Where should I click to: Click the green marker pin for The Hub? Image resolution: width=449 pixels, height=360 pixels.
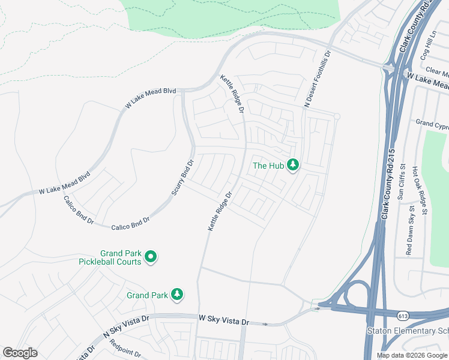click(293, 164)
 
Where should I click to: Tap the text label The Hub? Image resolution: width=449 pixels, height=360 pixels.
click(267, 166)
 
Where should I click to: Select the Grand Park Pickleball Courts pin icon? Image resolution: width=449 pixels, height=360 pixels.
click(151, 257)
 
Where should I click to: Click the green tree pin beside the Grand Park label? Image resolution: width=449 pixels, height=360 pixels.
click(176, 294)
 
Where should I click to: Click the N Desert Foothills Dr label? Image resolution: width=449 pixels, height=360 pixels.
click(318, 79)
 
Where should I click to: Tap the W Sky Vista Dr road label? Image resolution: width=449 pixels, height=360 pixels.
click(223, 319)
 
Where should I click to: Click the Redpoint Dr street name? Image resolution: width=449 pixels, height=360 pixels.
click(125, 349)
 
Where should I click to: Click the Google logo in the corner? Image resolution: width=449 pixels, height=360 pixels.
click(20, 353)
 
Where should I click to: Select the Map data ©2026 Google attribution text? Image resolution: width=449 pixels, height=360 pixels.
click(411, 355)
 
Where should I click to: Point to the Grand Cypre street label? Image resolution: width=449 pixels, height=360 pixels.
click(432, 124)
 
